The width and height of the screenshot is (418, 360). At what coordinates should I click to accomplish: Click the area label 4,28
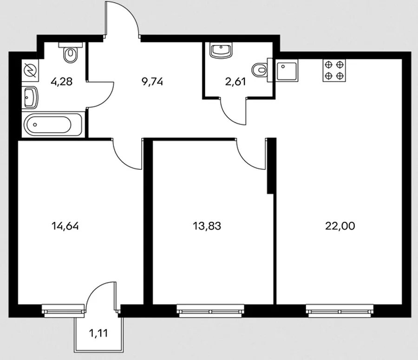[x=61, y=82]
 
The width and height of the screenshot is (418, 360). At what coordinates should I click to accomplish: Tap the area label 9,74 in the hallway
[x=152, y=82]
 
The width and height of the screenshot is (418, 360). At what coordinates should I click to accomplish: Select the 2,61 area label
[x=235, y=82]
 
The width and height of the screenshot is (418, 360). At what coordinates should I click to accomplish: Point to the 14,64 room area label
[x=65, y=226]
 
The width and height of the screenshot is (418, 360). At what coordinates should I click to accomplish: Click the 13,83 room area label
[x=207, y=226]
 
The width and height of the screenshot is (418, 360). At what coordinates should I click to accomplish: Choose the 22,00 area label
[x=340, y=226]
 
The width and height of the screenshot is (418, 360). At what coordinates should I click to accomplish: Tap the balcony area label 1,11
[x=98, y=333]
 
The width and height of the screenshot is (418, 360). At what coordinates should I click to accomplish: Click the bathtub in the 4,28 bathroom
[x=53, y=124]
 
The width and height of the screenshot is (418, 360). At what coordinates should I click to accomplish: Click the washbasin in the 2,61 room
[x=221, y=51]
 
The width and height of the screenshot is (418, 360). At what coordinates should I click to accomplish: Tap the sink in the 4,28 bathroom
[x=30, y=97]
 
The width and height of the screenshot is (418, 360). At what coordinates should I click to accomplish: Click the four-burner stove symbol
[x=334, y=71]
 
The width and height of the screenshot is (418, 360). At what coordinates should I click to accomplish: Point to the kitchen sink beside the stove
[x=287, y=71]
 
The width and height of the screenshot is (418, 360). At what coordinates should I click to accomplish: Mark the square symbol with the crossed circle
[x=30, y=71]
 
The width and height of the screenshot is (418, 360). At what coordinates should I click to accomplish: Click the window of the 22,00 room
[x=340, y=311]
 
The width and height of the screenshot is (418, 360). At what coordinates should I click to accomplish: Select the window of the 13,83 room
[x=210, y=311]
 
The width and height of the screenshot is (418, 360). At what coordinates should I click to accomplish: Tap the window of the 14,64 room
[x=63, y=311]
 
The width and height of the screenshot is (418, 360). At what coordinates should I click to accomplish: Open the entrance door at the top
[x=122, y=19]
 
